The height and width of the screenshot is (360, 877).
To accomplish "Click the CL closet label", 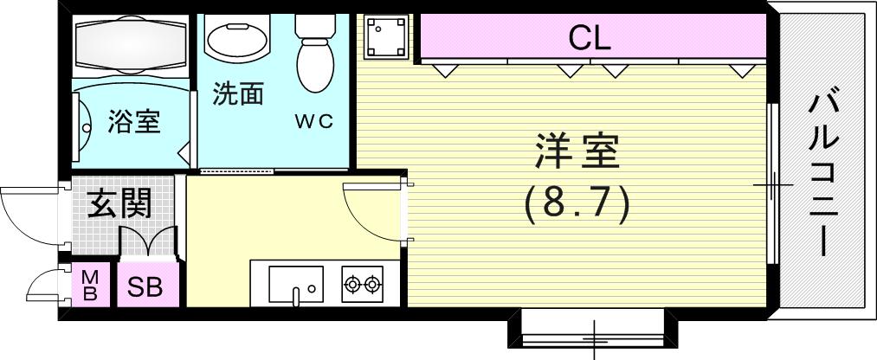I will pyautogui.click(x=590, y=37).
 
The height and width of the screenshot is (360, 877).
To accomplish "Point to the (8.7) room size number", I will pyautogui.click(x=575, y=203).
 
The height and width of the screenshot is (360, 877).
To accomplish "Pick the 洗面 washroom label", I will pyautogui.click(x=238, y=93).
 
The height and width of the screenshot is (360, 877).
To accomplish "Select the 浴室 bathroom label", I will pyautogui.click(x=133, y=122).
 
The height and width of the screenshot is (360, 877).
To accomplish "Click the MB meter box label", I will pyautogui.click(x=89, y=286).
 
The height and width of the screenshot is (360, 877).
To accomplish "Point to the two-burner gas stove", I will pyautogui.click(x=362, y=283).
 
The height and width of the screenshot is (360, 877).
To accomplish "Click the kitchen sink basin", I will pyautogui.click(x=295, y=283).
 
